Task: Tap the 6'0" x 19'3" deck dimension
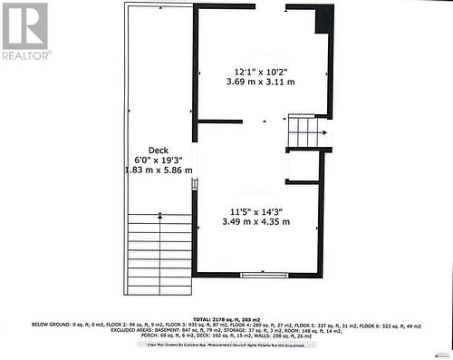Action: [x=159, y=160]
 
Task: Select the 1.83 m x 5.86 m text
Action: [x=159, y=170]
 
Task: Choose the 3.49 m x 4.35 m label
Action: [x=257, y=220]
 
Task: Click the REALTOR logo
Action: [x=25, y=31]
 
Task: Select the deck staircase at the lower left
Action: [x=160, y=254]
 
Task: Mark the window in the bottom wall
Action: [x=264, y=274]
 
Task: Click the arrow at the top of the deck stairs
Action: [x=160, y=215]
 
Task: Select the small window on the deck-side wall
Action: [x=195, y=184]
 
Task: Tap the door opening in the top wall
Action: [x=270, y=6]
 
